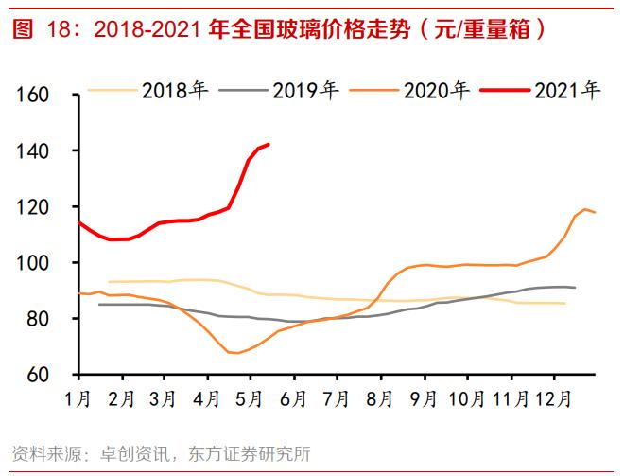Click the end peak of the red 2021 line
click(x=269, y=145)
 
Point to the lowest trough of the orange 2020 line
click(x=235, y=353)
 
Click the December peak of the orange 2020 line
click(x=585, y=209)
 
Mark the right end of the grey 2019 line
click(x=575, y=287)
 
